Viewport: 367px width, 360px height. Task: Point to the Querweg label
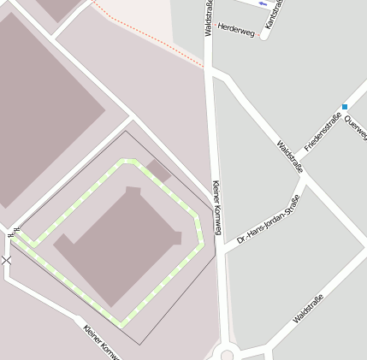point(355,128)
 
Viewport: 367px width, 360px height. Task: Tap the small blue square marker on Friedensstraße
point(344,107)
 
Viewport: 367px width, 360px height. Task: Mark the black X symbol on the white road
point(7,259)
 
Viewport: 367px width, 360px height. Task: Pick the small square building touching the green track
point(159,169)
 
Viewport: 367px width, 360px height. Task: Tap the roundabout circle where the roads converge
point(227,355)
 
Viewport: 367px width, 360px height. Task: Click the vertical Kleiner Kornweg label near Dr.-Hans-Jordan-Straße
point(216,208)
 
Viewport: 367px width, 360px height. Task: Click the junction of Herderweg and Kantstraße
point(264,37)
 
